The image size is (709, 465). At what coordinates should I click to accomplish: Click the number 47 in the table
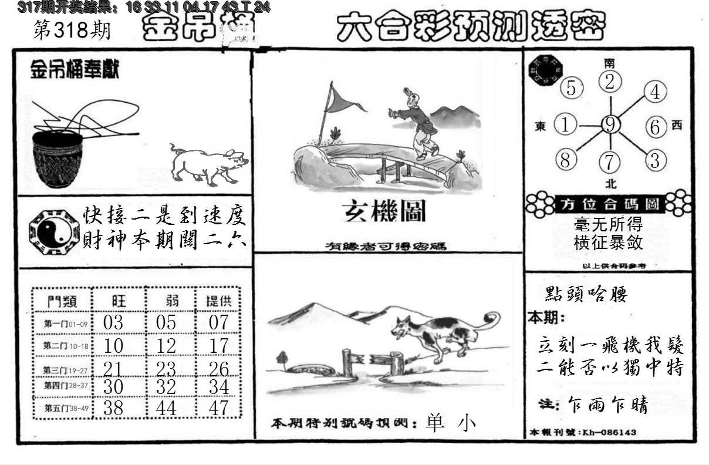click(x=218, y=407)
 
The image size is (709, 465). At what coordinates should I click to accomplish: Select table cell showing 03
click(x=113, y=322)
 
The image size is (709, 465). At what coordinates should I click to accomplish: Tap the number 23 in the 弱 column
click(x=166, y=368)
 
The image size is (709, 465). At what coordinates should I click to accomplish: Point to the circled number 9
click(x=611, y=124)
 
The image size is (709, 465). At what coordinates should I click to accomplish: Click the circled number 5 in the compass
click(x=571, y=88)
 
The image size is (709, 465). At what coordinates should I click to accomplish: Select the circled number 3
click(x=656, y=160)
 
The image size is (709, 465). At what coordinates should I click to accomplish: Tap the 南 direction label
click(x=610, y=63)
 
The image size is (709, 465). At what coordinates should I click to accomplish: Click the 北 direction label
click(x=611, y=183)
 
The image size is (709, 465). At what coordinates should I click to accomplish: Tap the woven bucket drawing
click(x=58, y=159)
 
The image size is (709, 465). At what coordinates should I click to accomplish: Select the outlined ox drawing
click(x=207, y=163)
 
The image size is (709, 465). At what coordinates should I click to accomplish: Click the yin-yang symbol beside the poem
click(x=53, y=231)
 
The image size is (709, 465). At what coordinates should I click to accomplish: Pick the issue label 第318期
click(x=72, y=31)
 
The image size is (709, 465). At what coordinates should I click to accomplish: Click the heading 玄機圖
click(x=384, y=211)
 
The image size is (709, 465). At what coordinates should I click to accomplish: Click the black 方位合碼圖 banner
click(x=610, y=204)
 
